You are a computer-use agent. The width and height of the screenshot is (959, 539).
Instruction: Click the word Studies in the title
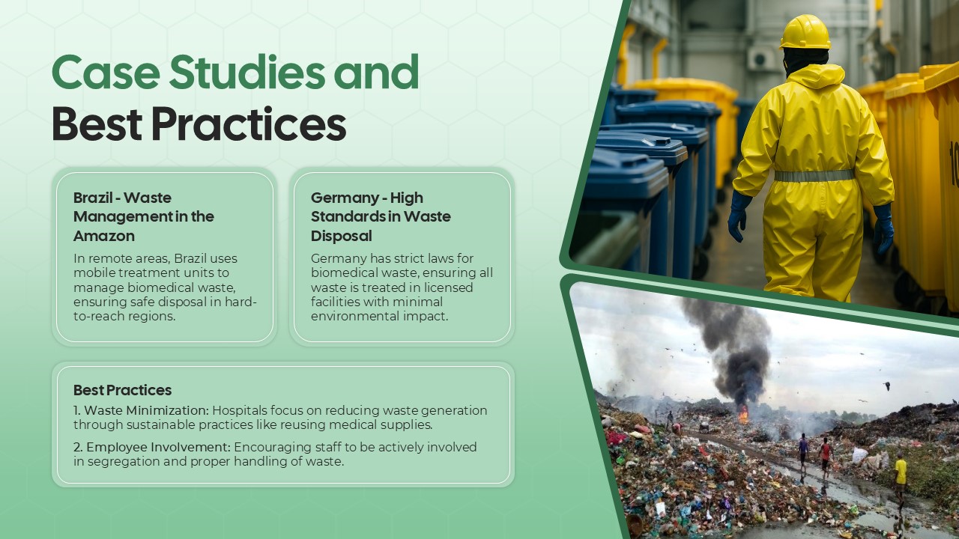tap(246, 73)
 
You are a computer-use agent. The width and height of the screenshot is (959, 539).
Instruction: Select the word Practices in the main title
tap(248, 125)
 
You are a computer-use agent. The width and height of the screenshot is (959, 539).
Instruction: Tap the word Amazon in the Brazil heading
tap(104, 236)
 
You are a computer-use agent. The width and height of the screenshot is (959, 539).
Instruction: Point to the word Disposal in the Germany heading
tap(342, 236)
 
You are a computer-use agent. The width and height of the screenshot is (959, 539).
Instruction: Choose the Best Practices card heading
tap(122, 390)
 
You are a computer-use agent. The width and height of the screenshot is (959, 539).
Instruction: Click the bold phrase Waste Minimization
tap(147, 410)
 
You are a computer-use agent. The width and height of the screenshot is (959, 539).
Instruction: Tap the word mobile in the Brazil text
tap(94, 272)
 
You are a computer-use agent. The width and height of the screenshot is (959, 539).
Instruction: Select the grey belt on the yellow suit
tap(814, 176)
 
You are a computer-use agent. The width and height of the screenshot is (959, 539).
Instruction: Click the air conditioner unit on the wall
tap(761, 58)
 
